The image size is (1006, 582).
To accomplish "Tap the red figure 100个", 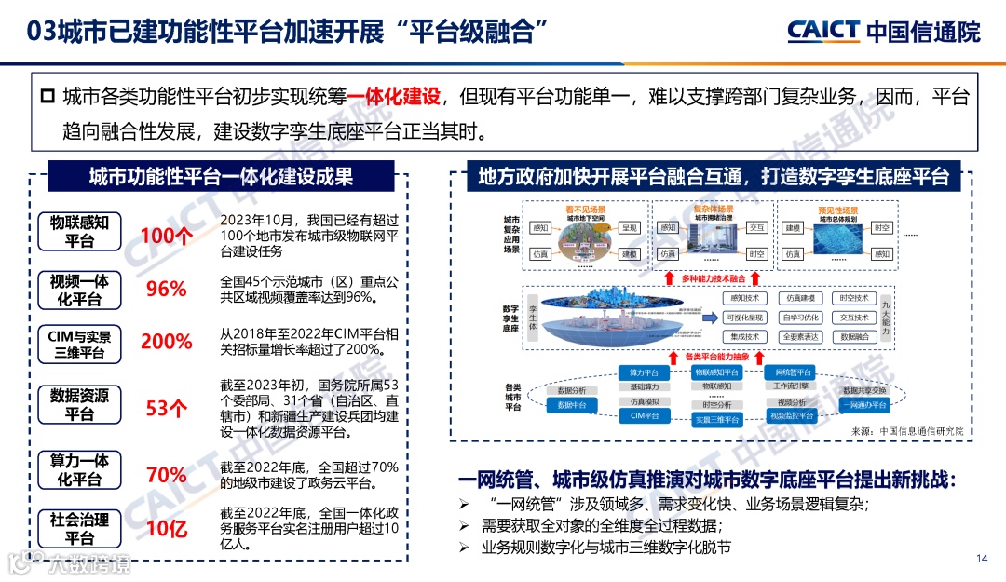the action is [x=166, y=236].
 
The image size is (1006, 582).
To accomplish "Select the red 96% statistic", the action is [x=166, y=289].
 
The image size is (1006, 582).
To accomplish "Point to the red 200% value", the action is [x=166, y=342].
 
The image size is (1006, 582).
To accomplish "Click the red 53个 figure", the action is [x=166, y=407].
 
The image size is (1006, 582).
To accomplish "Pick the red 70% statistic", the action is [x=166, y=475].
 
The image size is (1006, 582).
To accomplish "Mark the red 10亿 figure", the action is [x=166, y=529].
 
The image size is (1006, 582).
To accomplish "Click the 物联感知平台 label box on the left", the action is [x=80, y=231].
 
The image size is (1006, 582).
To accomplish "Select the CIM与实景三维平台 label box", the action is [x=80, y=343].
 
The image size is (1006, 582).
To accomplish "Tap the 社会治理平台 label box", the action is [x=80, y=529].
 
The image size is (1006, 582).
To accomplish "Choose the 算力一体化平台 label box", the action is [x=80, y=470].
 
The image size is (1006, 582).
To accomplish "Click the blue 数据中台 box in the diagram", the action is [x=572, y=406].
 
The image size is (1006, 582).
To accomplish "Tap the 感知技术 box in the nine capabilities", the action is [x=744, y=298].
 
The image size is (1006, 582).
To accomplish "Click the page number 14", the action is [x=981, y=559].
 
